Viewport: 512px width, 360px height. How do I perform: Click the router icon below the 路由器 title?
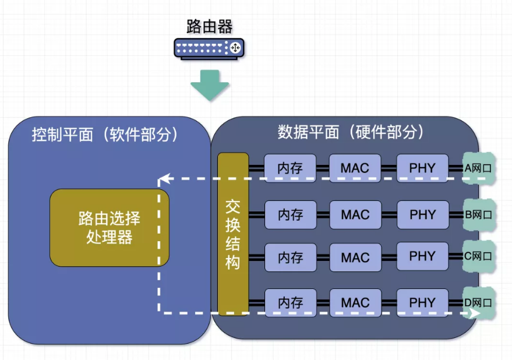pyautogui.click(x=209, y=47)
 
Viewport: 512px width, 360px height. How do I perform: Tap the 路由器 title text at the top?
pyautogui.click(x=209, y=26)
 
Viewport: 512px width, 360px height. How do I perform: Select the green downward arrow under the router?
pyautogui.click(x=210, y=85)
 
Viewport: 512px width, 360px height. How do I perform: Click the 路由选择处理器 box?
pyautogui.click(x=110, y=228)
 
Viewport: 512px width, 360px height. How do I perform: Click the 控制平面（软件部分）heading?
pyautogui.click(x=105, y=135)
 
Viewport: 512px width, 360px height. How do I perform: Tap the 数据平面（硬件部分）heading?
pyautogui.click(x=350, y=132)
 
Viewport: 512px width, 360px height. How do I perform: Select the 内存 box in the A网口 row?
pyautogui.click(x=290, y=168)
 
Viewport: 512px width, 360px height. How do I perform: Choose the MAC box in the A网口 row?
pyautogui.click(x=355, y=168)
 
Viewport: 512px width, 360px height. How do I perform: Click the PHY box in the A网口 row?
pyautogui.click(x=422, y=168)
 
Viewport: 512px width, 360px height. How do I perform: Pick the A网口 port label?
pyautogui.click(x=478, y=168)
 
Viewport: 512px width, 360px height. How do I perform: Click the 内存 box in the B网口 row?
pyautogui.click(x=290, y=215)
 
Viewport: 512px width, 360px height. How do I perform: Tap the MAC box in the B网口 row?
pyautogui.click(x=355, y=215)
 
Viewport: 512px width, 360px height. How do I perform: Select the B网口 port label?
pyautogui.click(x=478, y=215)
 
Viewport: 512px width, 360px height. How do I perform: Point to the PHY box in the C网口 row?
pyautogui.click(x=422, y=256)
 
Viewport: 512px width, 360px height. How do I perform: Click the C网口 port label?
pyautogui.click(x=478, y=256)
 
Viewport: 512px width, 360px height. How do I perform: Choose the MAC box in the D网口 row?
pyautogui.click(x=355, y=303)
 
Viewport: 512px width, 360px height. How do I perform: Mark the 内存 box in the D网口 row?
pyautogui.click(x=290, y=303)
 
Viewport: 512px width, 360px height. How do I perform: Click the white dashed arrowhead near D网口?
pyautogui.click(x=475, y=313)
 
